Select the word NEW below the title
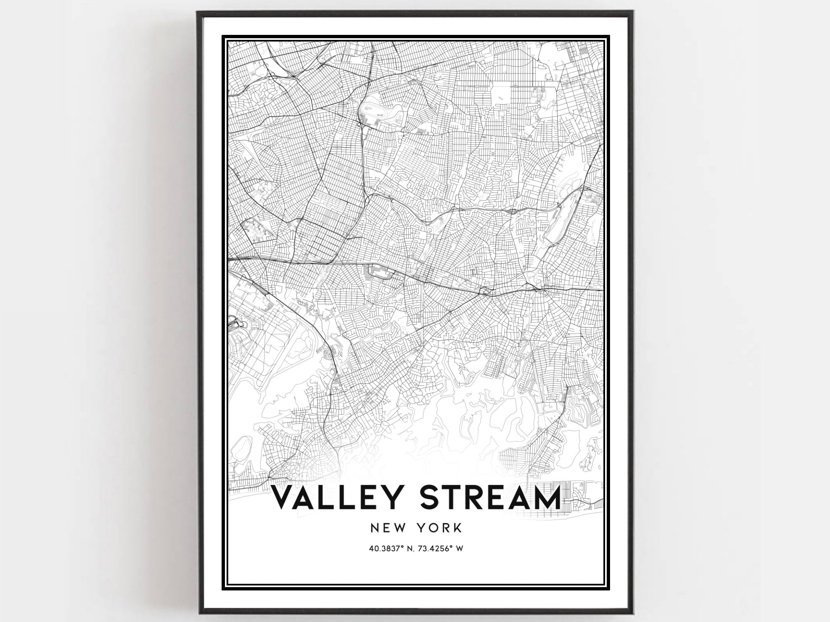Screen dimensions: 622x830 coord(385,528)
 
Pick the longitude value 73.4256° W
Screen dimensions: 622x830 coord(442,549)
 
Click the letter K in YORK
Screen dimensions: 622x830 coord(457,528)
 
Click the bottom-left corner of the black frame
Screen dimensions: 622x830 coord(198,613)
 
